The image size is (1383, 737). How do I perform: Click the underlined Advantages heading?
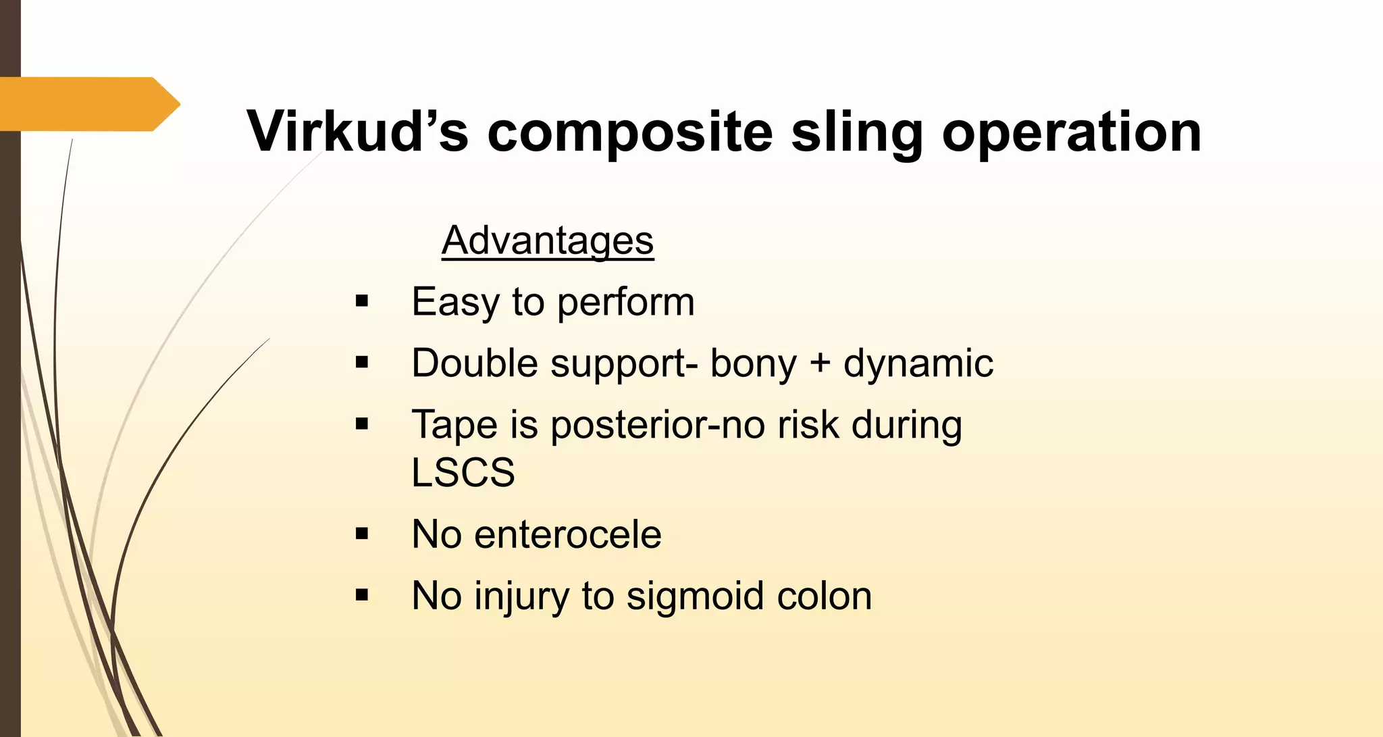click(548, 240)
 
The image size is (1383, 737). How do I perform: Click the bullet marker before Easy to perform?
click(362, 301)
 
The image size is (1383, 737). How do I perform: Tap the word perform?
click(625, 303)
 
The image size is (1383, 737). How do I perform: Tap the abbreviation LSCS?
click(463, 472)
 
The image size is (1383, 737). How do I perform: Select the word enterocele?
click(568, 534)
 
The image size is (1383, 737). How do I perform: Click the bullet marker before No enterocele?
click(362, 534)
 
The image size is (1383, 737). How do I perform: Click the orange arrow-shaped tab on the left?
click(88, 104)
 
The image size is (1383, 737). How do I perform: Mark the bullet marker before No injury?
click(362, 596)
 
